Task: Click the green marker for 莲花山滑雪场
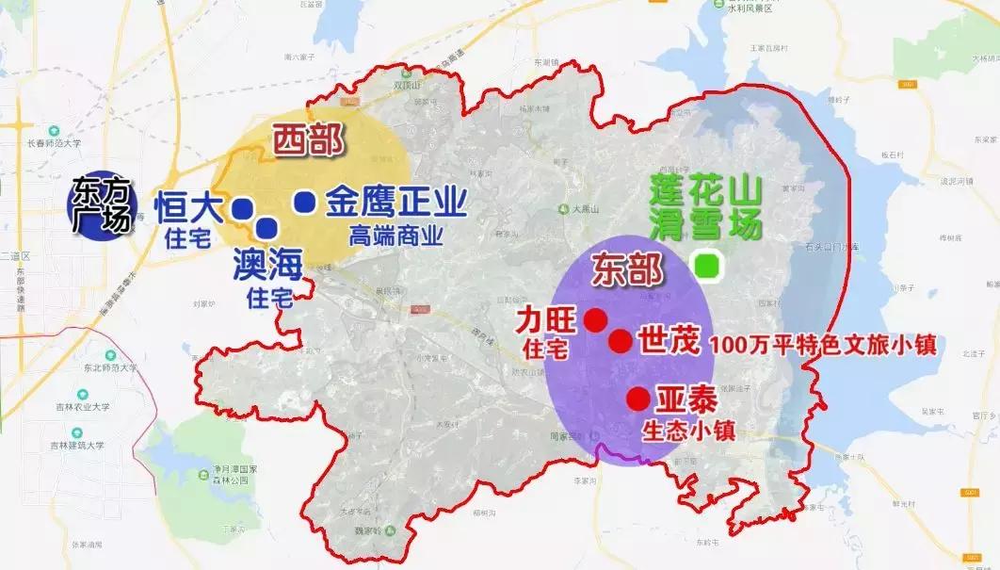coord(705,265)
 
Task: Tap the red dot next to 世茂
coord(620,341)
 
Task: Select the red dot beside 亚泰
coord(638,399)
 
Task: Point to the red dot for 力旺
coord(594,319)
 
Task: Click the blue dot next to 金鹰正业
coord(304,201)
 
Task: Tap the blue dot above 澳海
coord(266,227)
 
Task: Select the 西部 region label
coord(308,141)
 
